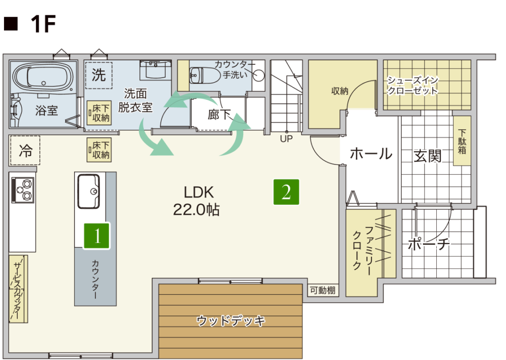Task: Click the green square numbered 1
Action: (97, 236)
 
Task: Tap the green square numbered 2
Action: (286, 192)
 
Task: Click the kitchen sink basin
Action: (88, 192)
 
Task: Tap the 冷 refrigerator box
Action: (25, 150)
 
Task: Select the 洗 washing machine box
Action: (99, 76)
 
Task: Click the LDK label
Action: (199, 193)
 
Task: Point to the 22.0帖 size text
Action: (197, 210)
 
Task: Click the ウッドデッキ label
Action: (231, 320)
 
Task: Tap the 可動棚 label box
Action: (323, 290)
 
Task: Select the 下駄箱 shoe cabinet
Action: (462, 141)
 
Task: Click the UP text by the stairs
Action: (286, 139)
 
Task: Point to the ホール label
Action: (371, 154)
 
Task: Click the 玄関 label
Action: (427, 156)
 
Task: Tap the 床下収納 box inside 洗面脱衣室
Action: (99, 113)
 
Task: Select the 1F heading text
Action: (43, 24)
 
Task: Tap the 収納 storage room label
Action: (340, 91)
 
